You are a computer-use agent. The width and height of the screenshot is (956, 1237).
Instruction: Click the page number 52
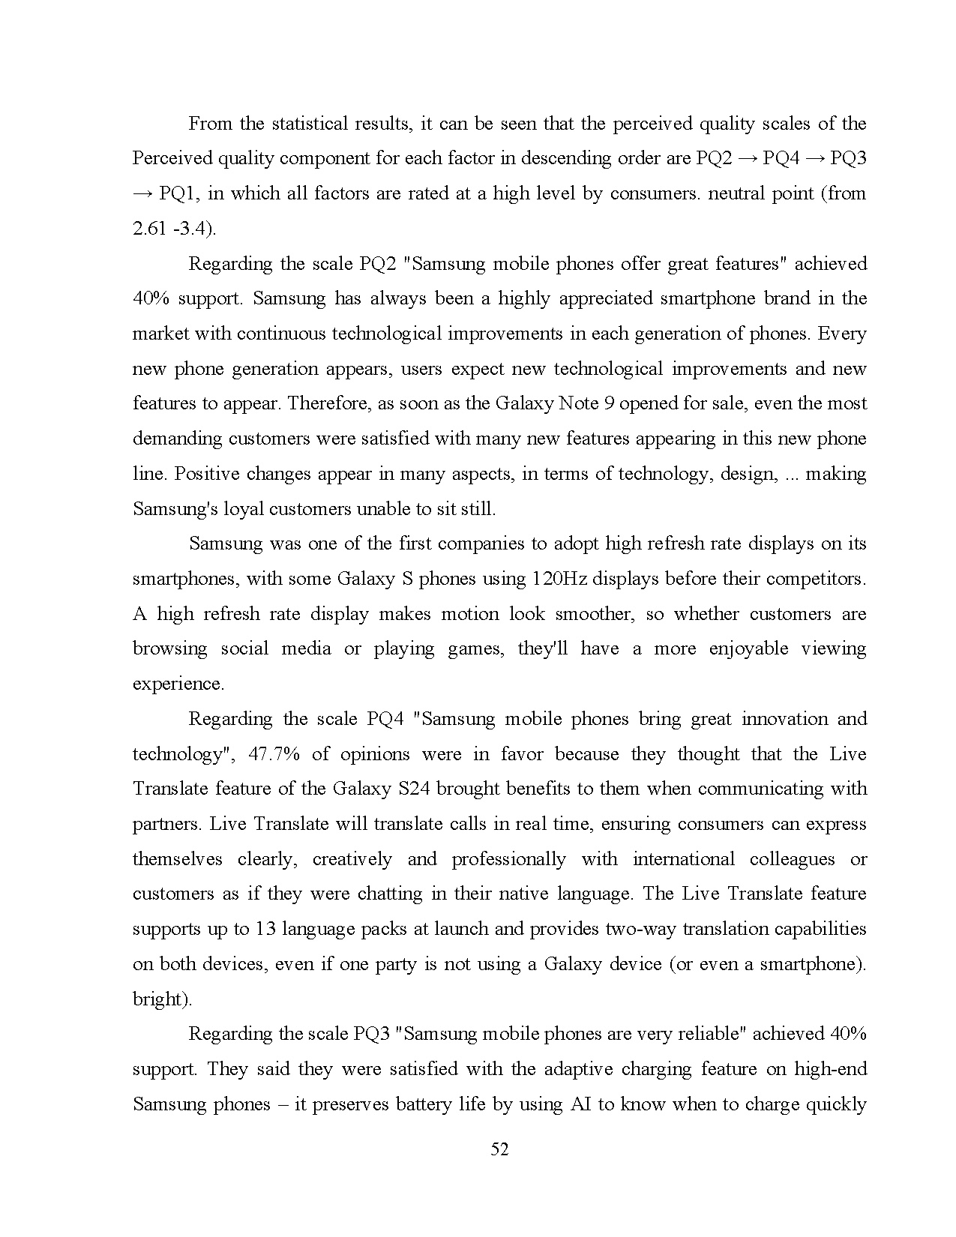pyautogui.click(x=499, y=1149)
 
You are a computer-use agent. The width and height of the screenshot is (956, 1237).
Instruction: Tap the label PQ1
pyautogui.click(x=178, y=193)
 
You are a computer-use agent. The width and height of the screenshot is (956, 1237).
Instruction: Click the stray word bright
pyautogui.click(x=160, y=999)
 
